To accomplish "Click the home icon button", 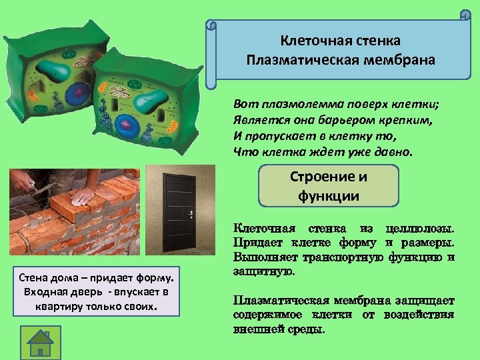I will (41, 341).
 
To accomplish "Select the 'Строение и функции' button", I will (328, 186).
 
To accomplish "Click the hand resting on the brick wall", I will (83, 195).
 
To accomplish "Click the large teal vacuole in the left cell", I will (53, 69).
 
